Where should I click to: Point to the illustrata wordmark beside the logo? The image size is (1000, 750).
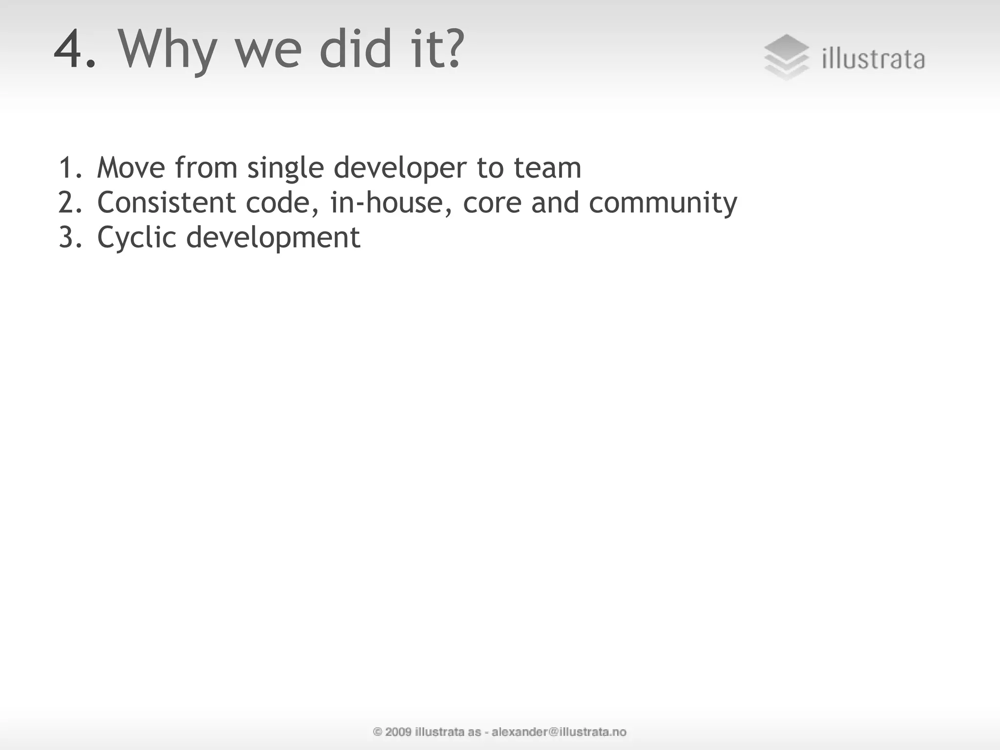pyautogui.click(x=874, y=60)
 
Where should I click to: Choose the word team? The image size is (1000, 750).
pyautogui.click(x=547, y=167)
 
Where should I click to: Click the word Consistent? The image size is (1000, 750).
pyautogui.click(x=167, y=202)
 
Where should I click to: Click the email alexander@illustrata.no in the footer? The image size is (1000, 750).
pyautogui.click(x=559, y=731)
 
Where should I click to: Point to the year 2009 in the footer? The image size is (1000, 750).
pyautogui.click(x=398, y=731)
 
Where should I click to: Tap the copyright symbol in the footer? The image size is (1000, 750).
pyautogui.click(x=377, y=731)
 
